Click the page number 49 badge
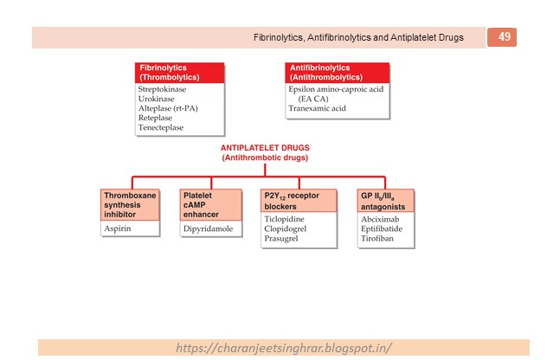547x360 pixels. tap(502, 36)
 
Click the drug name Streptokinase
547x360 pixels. tap(162, 88)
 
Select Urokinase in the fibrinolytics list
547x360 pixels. tap(156, 98)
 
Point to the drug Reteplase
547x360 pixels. tap(156, 118)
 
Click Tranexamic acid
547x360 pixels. tap(317, 108)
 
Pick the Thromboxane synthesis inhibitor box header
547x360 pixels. tap(130, 205)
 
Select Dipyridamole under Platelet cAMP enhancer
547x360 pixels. tap(208, 229)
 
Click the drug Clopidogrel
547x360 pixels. tap(289, 228)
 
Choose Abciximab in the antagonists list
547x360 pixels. tap(380, 219)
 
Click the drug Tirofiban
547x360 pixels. tap(378, 239)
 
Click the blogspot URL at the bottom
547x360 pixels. tap(284, 347)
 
